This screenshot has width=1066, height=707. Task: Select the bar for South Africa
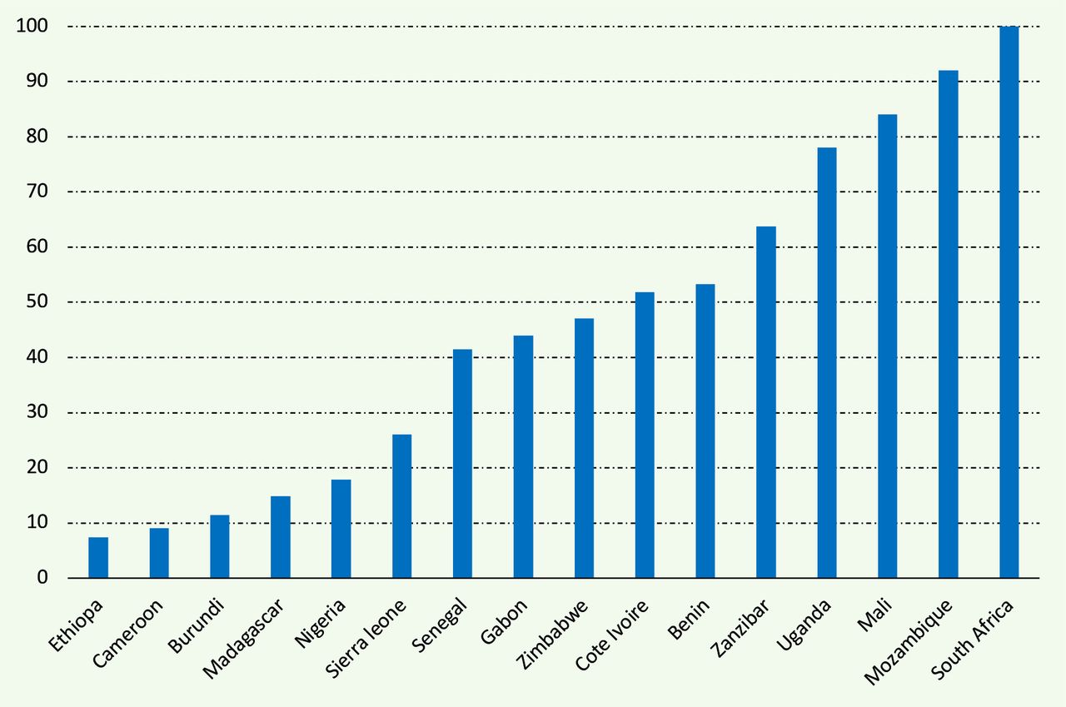1009,302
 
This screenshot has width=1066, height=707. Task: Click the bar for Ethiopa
98,558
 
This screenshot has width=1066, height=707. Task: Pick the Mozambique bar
949,324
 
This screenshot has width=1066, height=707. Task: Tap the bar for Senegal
462,464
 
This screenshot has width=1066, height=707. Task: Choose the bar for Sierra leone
402,506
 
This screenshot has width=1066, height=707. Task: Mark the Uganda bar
827,362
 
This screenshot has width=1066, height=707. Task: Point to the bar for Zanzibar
766,402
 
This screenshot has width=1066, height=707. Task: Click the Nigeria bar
341,529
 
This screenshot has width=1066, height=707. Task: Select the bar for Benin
705,431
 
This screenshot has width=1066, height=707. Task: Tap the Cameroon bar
159,553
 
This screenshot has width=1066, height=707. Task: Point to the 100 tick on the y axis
32,26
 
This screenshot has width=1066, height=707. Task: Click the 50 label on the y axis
37,301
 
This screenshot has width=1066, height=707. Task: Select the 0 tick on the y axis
42,577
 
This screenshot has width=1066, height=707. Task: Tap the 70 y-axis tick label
37,192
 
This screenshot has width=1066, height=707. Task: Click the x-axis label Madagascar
243,639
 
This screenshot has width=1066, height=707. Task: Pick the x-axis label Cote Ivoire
612,635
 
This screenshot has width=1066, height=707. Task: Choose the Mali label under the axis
874,615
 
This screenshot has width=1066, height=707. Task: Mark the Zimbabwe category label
552,634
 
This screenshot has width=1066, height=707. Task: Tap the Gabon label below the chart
504,621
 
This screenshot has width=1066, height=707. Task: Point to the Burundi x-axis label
196,625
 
